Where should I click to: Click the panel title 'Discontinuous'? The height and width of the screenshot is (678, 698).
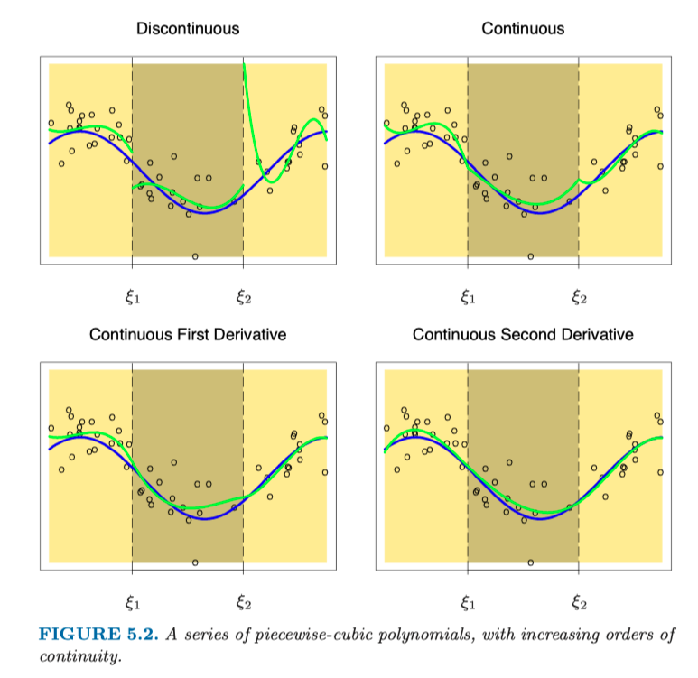tap(188, 29)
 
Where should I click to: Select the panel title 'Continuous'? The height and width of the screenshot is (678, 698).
tap(523, 29)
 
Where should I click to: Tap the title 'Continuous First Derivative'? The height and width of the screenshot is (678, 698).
tap(188, 335)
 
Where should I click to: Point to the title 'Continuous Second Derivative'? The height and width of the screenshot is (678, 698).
tap(523, 335)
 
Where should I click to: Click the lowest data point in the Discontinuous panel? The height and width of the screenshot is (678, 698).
tap(195, 256)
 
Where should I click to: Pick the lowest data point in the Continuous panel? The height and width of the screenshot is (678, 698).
tap(530, 256)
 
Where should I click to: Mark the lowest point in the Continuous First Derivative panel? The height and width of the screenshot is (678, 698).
tap(195, 562)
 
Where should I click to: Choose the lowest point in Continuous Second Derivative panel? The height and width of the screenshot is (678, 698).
tap(530, 562)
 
